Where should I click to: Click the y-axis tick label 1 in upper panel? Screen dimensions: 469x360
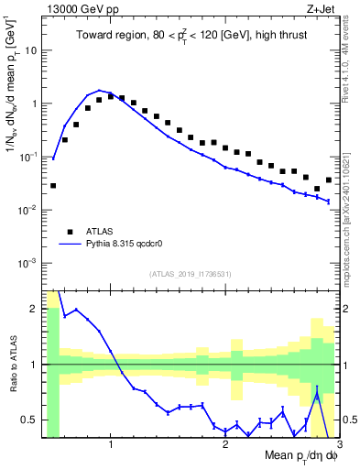point(35,104)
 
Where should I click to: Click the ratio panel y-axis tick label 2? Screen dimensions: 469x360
point(35,309)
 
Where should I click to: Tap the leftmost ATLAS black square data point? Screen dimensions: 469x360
point(53,186)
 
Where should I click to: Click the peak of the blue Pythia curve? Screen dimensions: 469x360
point(99,91)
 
